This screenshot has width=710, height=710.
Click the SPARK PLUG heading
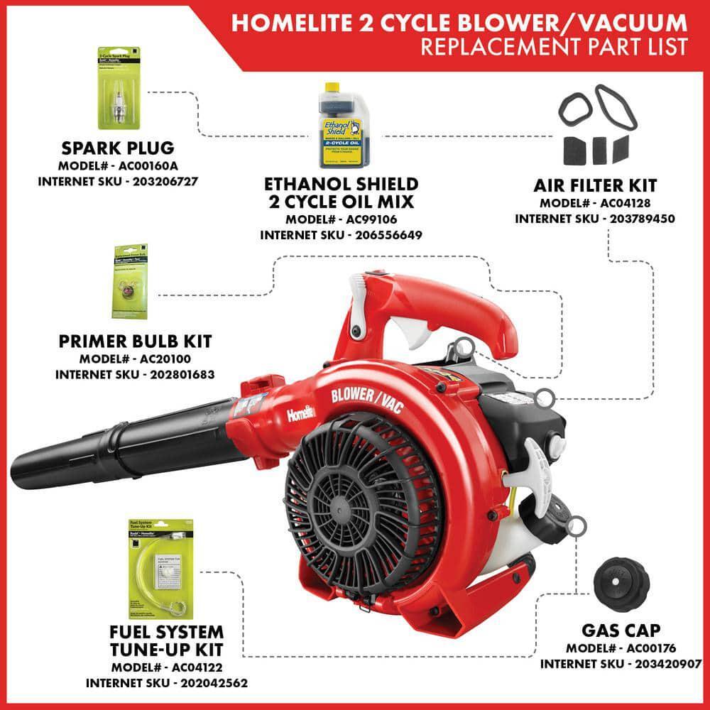[x=117, y=149]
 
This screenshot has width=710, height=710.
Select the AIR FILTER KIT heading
[x=595, y=186]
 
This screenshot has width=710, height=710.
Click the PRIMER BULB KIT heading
[x=135, y=342]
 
